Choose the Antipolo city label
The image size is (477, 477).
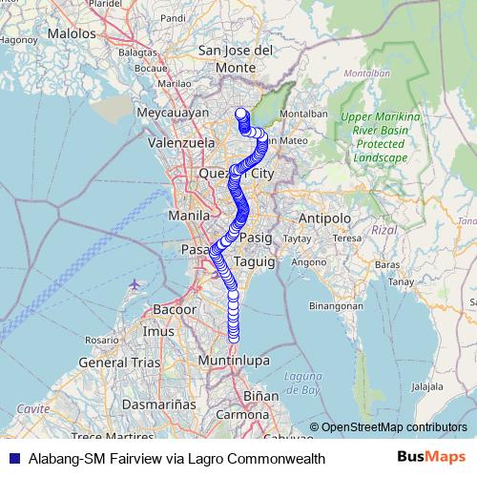(325, 218)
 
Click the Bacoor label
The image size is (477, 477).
(175, 310)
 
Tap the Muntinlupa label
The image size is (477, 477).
(231, 361)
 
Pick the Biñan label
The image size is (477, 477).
(255, 394)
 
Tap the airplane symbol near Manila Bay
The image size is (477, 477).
(132, 284)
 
